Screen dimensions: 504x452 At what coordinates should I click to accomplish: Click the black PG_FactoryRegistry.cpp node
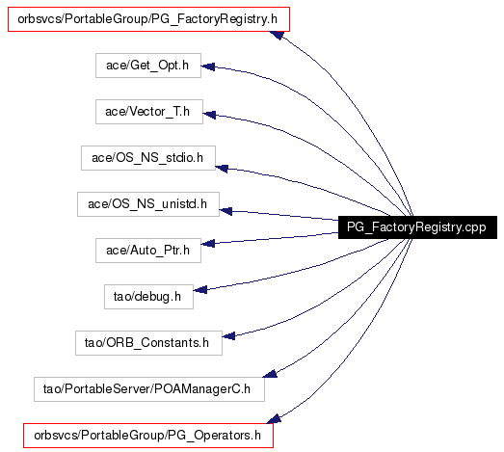point(417,227)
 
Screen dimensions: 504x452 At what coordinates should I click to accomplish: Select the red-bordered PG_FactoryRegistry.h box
point(148,19)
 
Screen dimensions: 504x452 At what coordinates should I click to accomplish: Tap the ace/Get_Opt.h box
point(148,66)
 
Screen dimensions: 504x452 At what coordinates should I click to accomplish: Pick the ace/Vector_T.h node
point(149,112)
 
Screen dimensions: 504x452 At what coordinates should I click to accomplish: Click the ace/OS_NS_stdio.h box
point(148,158)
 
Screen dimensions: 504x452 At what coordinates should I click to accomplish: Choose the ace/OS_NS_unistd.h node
point(148,204)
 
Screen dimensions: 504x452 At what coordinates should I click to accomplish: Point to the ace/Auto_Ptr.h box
point(148,251)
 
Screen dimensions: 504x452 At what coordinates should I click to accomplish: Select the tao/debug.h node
point(148,297)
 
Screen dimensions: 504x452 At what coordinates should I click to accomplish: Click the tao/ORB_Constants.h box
point(148,343)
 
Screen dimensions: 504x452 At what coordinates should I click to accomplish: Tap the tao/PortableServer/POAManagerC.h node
point(149,389)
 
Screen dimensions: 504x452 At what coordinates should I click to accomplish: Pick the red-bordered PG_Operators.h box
point(148,436)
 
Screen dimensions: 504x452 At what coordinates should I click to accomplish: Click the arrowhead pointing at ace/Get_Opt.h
point(208,66)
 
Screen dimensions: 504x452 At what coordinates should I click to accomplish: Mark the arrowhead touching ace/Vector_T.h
point(209,114)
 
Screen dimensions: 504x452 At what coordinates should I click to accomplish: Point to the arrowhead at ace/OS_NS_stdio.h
point(222,168)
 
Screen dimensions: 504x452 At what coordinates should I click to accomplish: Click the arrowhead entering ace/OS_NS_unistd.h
point(225,211)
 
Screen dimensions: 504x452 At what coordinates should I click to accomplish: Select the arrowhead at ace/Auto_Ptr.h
point(208,244)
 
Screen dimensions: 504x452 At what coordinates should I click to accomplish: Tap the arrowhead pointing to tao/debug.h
point(200,290)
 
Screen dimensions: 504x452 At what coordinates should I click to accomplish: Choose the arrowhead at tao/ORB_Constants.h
point(228,336)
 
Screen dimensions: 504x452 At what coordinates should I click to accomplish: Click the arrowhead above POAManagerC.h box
point(270,374)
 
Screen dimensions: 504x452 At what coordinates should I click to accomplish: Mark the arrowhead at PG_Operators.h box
point(275,418)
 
